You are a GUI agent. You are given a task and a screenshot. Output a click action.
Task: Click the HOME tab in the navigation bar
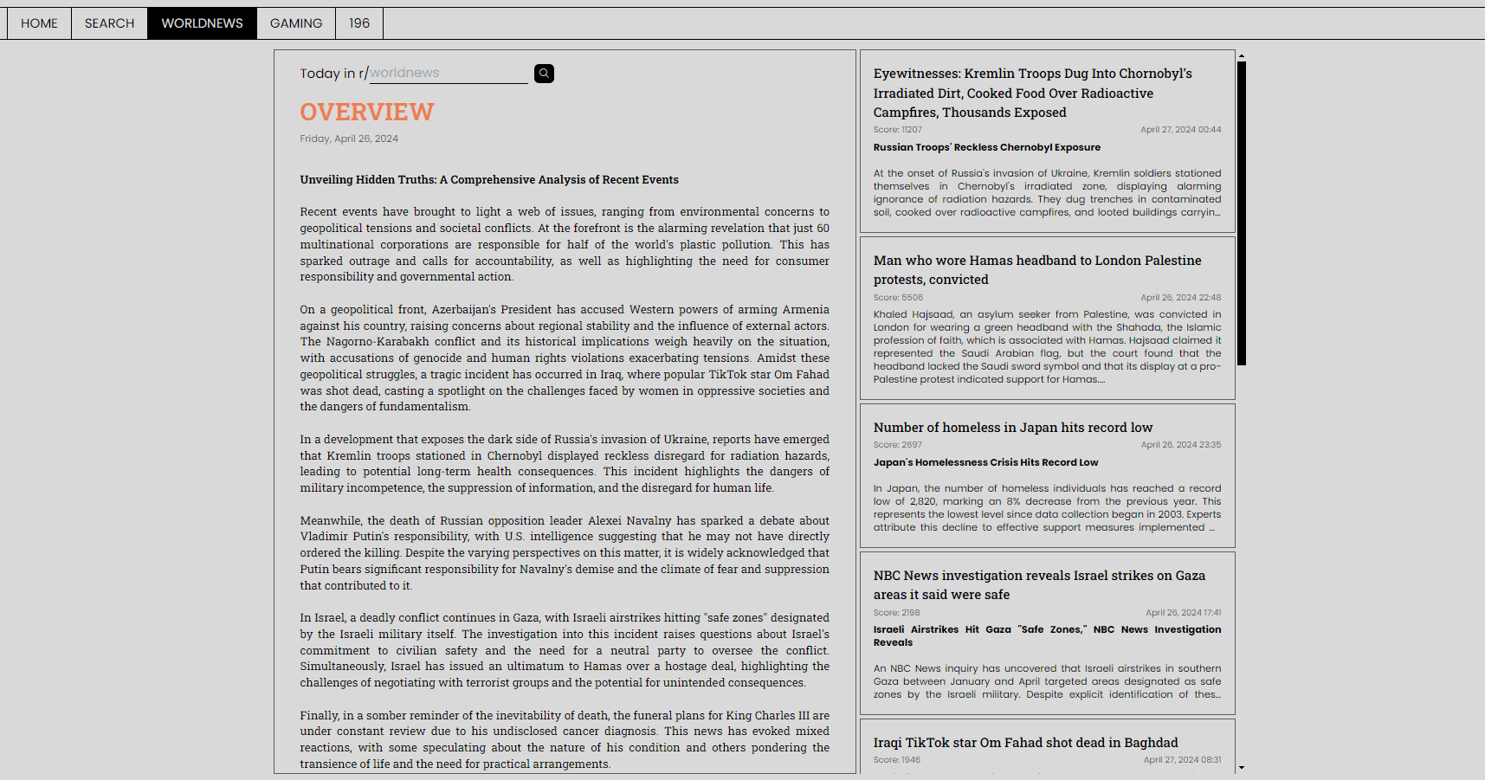pyautogui.click(x=39, y=23)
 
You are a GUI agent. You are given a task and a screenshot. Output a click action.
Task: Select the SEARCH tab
pyautogui.click(x=109, y=23)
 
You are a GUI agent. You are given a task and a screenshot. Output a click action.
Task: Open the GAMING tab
pyautogui.click(x=296, y=23)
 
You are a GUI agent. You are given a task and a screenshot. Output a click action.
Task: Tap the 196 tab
pyautogui.click(x=359, y=23)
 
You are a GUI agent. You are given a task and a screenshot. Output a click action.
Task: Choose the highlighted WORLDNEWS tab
pyautogui.click(x=202, y=23)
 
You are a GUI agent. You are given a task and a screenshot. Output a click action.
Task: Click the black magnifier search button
pyautogui.click(x=544, y=74)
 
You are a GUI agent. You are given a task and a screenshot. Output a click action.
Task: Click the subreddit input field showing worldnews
pyautogui.click(x=449, y=74)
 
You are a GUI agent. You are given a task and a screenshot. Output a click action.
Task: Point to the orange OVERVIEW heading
pyautogui.click(x=367, y=112)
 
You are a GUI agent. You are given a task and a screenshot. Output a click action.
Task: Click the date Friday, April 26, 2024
pyautogui.click(x=349, y=139)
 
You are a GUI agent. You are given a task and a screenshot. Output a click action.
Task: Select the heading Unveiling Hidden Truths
pyautogui.click(x=489, y=180)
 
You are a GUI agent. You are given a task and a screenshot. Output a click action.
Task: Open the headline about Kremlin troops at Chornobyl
pyautogui.click(x=1032, y=93)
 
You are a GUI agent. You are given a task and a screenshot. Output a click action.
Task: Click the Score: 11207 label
pyautogui.click(x=898, y=130)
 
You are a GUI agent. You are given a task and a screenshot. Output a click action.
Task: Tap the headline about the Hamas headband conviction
pyautogui.click(x=1037, y=269)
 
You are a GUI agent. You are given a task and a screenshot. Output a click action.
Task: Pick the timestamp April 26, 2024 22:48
pyautogui.click(x=1180, y=298)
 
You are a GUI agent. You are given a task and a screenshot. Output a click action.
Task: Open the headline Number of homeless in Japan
pyautogui.click(x=1013, y=428)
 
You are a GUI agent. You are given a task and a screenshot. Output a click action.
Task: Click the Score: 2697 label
pyautogui.click(x=898, y=445)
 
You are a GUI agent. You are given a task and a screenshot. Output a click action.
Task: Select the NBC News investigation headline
pyautogui.click(x=1039, y=584)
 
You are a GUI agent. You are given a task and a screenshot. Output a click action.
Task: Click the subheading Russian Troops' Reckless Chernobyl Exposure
pyautogui.click(x=987, y=147)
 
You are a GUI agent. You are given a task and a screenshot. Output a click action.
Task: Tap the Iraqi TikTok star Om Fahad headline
pyautogui.click(x=1025, y=743)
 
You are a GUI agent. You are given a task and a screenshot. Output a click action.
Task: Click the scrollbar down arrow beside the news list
pyautogui.click(x=1242, y=767)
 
